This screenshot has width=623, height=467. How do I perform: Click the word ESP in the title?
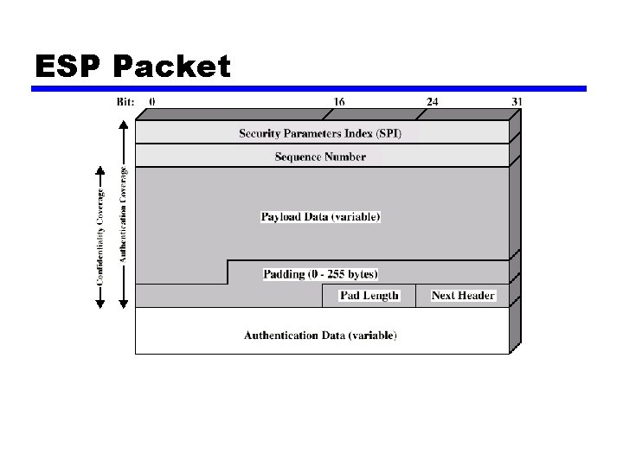coord(69,66)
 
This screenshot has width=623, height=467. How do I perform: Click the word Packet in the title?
coord(172,66)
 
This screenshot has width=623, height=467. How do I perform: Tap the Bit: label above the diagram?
coord(125,101)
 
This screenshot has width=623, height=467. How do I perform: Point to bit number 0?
coord(152,101)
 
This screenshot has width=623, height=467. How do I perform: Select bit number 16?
coord(339,101)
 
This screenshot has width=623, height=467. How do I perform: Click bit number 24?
coord(432,101)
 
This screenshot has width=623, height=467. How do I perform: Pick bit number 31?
coord(517,101)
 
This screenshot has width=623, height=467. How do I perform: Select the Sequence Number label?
coord(320,157)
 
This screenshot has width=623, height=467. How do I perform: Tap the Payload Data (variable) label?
coord(320,216)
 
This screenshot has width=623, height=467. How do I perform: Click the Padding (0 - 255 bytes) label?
coord(320,274)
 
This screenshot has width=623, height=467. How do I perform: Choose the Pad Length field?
coord(369,296)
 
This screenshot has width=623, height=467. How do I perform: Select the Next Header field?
coord(463,296)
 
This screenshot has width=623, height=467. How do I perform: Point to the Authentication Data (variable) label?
coord(320,335)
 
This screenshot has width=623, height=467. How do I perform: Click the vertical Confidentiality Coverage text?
coord(100,227)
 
